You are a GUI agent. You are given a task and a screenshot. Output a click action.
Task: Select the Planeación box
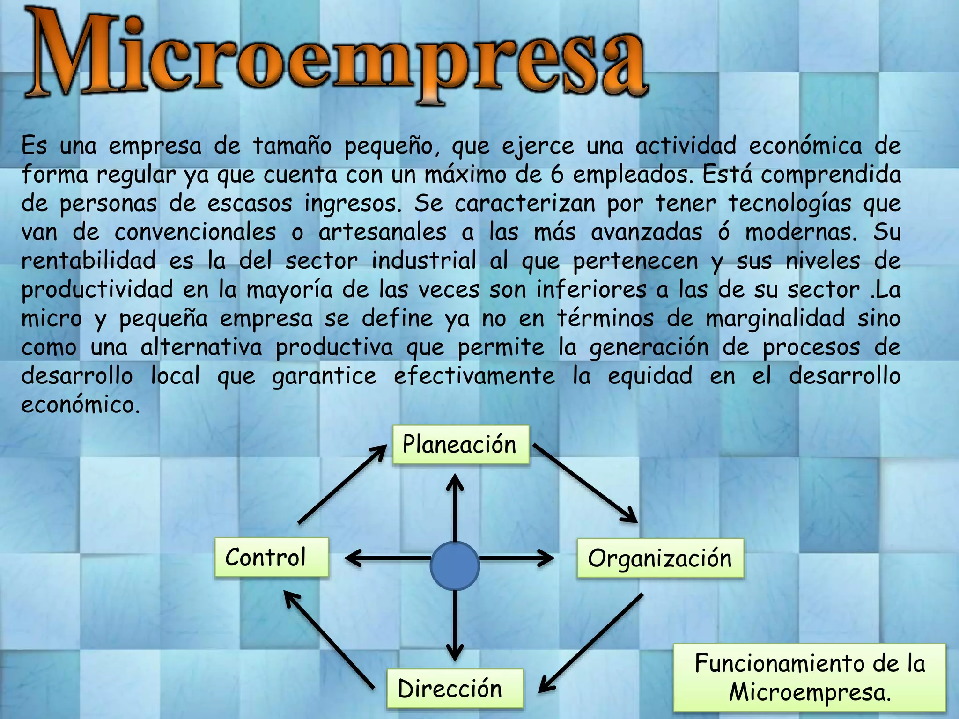point(460,445)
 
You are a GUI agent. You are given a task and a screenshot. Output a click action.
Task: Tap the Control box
point(272,558)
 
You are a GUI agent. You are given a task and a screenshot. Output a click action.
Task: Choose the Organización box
point(660,558)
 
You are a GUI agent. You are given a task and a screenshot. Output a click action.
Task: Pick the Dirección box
point(454,689)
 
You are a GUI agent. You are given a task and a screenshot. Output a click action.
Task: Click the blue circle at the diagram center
point(455,565)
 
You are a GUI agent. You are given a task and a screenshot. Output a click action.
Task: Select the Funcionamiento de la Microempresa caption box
point(810,677)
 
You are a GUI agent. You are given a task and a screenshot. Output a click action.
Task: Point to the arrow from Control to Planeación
point(342,484)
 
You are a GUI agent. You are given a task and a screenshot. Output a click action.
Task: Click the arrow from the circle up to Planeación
point(455,508)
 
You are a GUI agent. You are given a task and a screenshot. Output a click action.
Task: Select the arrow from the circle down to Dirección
point(455,625)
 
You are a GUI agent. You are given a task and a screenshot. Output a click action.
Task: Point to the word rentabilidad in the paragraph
point(89,261)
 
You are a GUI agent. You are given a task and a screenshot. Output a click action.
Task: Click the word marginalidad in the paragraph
point(775,318)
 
